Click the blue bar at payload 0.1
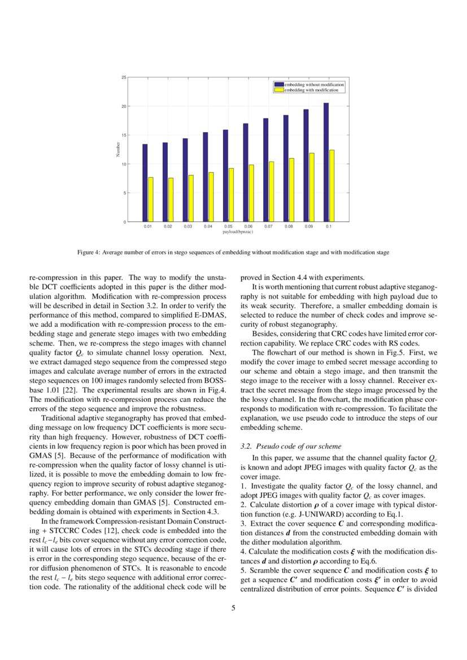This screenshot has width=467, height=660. (x=326, y=163)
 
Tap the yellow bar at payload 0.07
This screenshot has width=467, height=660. (x=272, y=191)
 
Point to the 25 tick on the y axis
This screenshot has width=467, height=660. (x=124, y=77)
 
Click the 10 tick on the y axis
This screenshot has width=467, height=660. (x=124, y=164)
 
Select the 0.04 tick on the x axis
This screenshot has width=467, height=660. (x=208, y=226)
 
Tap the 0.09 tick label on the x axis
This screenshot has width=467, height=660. (x=308, y=226)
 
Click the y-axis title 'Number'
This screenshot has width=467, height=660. (x=118, y=150)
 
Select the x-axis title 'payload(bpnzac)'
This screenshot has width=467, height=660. (x=238, y=231)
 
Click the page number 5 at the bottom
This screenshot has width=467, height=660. (x=233, y=608)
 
